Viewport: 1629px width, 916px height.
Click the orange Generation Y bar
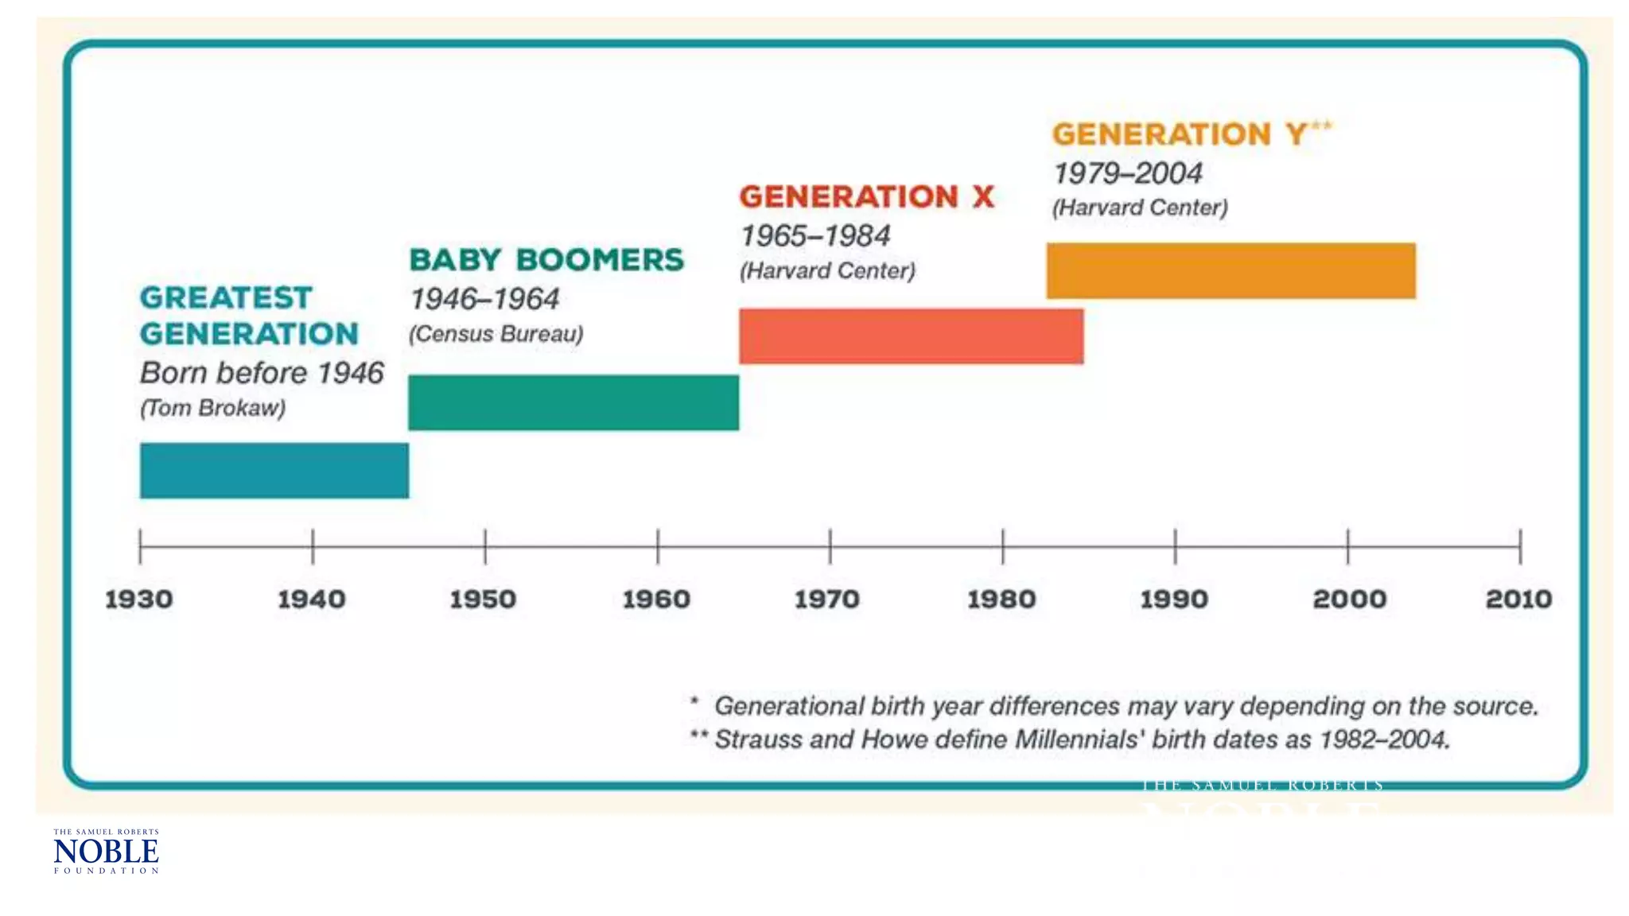tap(1230, 271)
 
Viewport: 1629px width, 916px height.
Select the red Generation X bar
tap(911, 336)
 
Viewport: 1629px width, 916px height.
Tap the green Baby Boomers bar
tap(573, 402)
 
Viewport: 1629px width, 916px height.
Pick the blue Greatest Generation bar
tap(274, 471)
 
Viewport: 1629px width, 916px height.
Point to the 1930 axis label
tap(139, 599)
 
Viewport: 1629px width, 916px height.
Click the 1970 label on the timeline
tap(827, 599)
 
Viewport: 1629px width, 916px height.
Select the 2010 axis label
tap(1518, 599)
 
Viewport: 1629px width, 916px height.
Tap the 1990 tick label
tap(1174, 599)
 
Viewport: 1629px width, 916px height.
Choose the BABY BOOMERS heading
tap(546, 260)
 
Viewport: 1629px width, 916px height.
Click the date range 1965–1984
tap(814, 236)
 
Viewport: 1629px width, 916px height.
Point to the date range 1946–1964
tap(484, 300)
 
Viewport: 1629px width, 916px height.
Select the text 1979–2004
tap(1127, 173)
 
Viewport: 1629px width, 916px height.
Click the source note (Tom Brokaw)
tap(212, 408)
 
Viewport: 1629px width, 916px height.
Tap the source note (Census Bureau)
tap(496, 334)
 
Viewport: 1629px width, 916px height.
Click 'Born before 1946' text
tap(262, 373)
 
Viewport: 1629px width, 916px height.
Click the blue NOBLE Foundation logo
tap(106, 851)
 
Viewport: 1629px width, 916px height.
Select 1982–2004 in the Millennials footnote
tap(1383, 739)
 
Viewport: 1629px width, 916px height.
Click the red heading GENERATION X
tap(866, 197)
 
